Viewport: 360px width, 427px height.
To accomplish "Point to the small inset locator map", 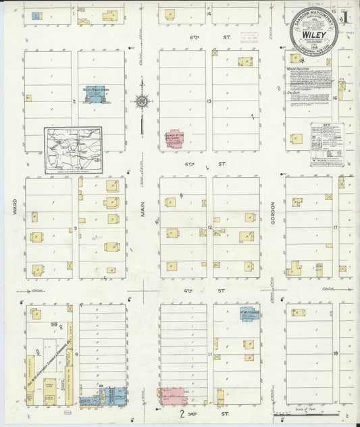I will [x=74, y=150].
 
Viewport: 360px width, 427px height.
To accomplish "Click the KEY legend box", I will [x=327, y=144].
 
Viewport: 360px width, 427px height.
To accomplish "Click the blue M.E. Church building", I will [x=247, y=314].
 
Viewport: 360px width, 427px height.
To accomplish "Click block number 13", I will [x=209, y=102].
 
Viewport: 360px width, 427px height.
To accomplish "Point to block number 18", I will [x=335, y=353].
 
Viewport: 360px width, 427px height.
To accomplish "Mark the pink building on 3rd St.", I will [x=172, y=396].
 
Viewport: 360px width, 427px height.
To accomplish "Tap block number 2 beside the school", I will [x=74, y=102].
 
